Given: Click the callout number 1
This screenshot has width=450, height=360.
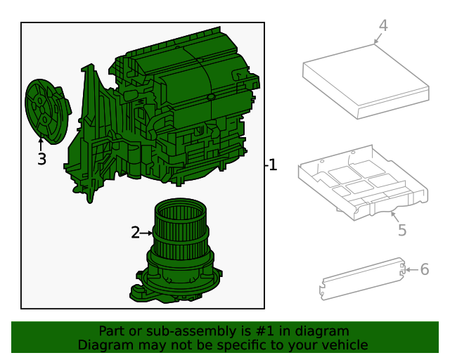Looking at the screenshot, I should pyautogui.click(x=273, y=165).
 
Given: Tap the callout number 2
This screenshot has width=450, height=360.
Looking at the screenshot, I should pyautogui.click(x=136, y=233).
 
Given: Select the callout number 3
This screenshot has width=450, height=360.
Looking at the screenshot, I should pyautogui.click(x=41, y=160).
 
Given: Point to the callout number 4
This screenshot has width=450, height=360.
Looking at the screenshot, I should pyautogui.click(x=382, y=26).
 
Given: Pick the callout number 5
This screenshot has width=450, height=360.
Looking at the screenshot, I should pyautogui.click(x=401, y=230).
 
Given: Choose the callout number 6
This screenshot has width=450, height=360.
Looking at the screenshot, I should pyautogui.click(x=424, y=269).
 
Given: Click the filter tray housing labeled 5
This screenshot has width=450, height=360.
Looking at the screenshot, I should pyautogui.click(x=362, y=183).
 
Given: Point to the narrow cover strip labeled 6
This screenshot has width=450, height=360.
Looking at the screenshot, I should pyautogui.click(x=362, y=280).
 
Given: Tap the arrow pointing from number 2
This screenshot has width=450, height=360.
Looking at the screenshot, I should pyautogui.click(x=148, y=233).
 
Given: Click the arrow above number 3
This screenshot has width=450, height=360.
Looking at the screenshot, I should pyautogui.click(x=41, y=145).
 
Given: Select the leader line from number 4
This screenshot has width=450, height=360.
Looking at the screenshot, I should pyautogui.click(x=377, y=38).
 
